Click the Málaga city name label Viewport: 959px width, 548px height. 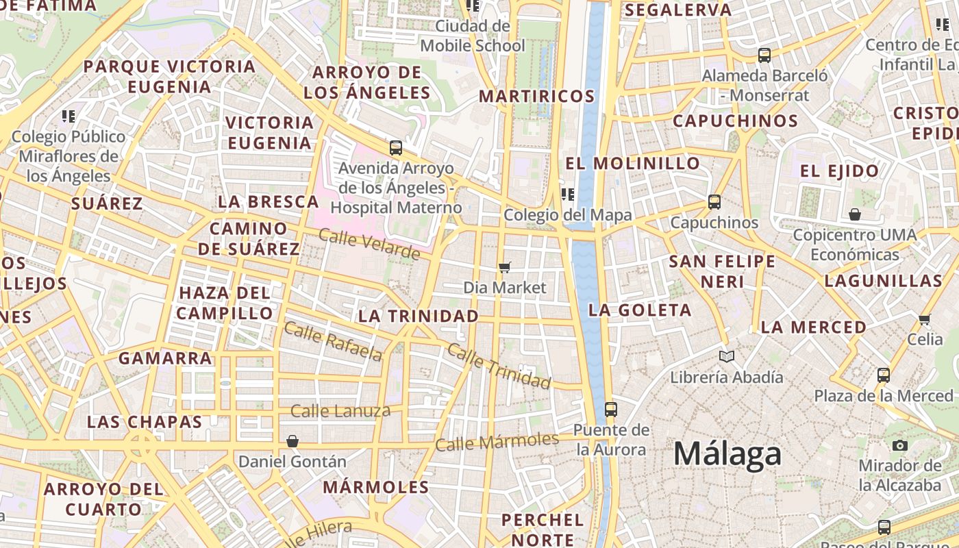tap(727, 454)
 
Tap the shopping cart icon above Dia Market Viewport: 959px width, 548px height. tap(505, 267)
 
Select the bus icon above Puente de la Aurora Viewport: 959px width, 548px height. tap(610, 410)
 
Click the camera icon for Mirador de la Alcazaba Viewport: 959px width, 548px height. tap(900, 445)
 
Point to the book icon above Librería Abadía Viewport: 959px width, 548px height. tap(726, 356)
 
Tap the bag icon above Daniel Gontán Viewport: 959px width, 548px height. tap(292, 441)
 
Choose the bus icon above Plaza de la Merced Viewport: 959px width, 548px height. tap(884, 375)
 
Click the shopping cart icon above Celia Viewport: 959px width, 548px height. tap(924, 319)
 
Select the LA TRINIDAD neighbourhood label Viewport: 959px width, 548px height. tap(419, 316)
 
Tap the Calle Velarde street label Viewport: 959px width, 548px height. tap(369, 245)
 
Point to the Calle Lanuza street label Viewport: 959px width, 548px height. tap(340, 411)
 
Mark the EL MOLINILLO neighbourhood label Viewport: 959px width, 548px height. tap(632, 164)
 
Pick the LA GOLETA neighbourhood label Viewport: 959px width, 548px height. tap(640, 310)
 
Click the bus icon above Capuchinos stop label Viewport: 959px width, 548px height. tap(714, 202)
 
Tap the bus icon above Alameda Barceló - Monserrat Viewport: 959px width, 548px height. tap(764, 55)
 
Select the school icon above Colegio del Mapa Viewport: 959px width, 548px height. tap(567, 195)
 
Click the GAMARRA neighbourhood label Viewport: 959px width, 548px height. tap(165, 358)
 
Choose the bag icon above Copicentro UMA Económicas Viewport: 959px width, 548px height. tap(854, 215)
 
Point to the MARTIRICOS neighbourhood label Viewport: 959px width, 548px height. tap(536, 96)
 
